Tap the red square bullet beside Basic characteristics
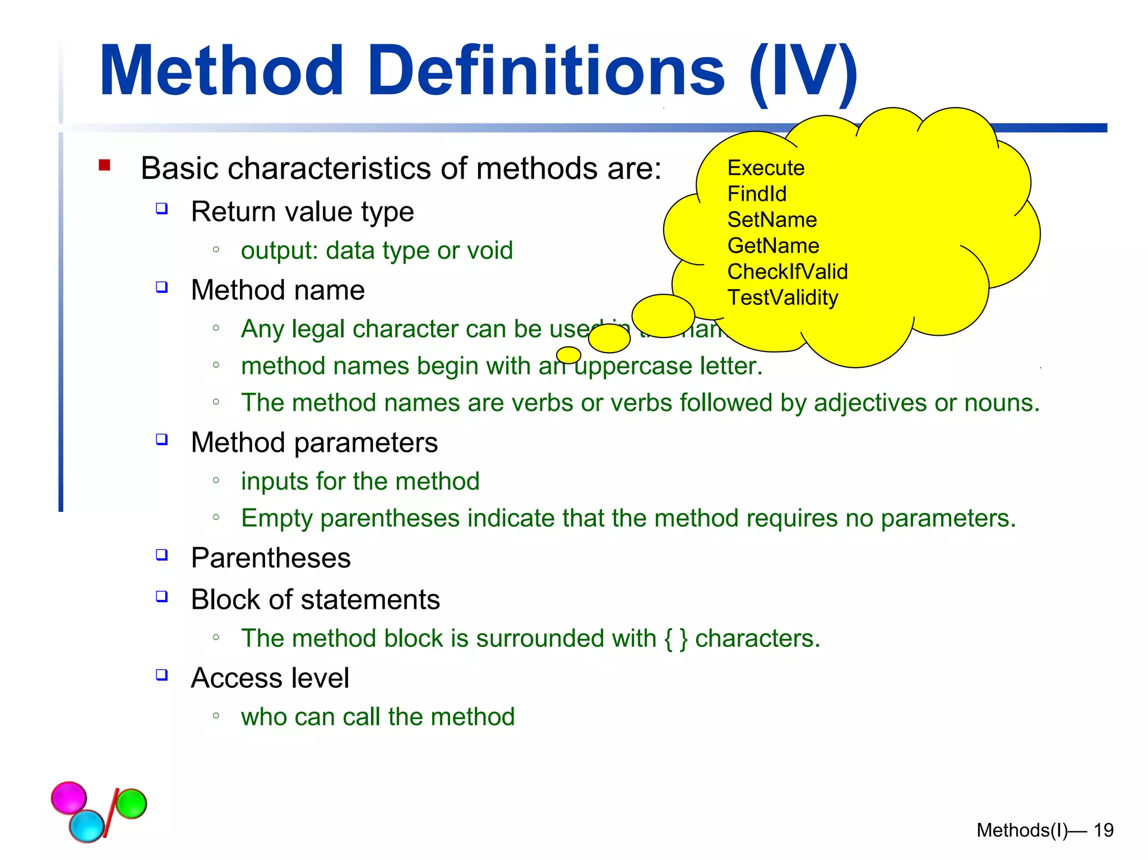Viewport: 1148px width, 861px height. (104, 165)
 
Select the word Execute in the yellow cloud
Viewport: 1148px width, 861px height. (766, 168)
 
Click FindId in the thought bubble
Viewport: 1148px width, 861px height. (757, 194)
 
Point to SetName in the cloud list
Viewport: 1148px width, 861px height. (772, 220)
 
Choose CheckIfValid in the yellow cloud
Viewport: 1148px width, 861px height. (787, 271)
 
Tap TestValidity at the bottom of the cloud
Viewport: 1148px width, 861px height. (783, 298)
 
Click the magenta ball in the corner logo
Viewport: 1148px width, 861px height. (69, 797)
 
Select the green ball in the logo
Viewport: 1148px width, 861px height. (131, 803)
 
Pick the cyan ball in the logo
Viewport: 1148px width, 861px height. (87, 826)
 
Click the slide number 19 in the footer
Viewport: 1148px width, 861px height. (1103, 830)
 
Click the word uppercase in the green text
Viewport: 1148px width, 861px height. (633, 367)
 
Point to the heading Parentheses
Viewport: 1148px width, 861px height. (271, 558)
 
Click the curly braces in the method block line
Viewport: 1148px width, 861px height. (675, 638)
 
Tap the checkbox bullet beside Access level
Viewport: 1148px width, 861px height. (162, 674)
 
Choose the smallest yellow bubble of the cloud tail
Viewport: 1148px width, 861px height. (568, 355)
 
